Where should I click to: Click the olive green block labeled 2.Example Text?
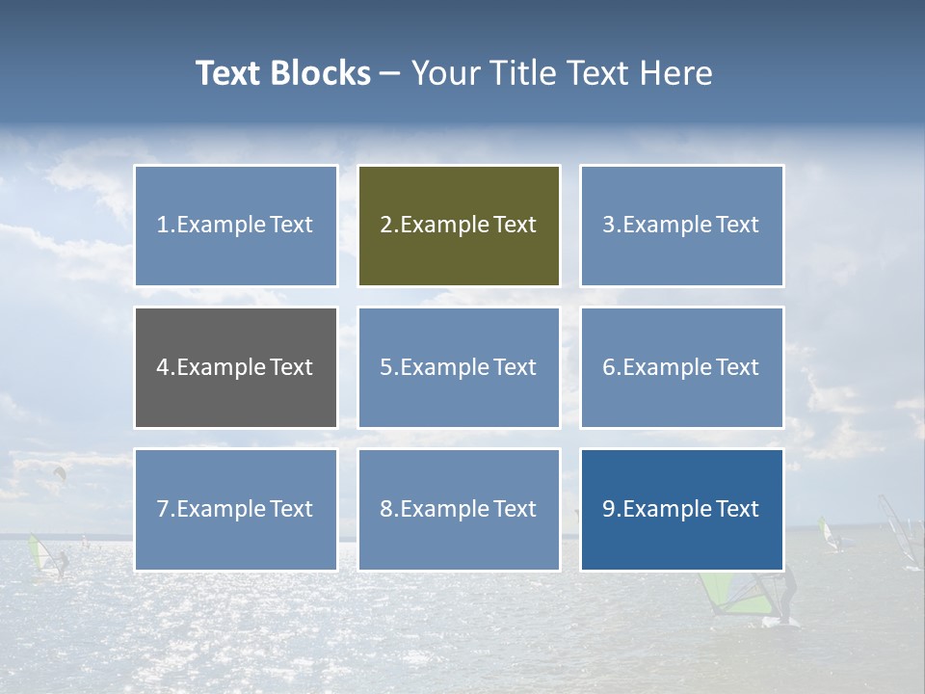459,226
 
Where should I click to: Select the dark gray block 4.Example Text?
236,367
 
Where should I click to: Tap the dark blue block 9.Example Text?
681,509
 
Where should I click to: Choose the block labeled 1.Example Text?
236,226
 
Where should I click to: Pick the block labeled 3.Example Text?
681,226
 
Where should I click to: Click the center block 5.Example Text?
459,367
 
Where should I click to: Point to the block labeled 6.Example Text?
681,367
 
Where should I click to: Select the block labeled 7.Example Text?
236,509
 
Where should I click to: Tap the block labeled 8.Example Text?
459,509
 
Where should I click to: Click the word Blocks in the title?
321,73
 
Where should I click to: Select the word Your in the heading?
443,73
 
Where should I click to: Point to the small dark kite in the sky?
60,472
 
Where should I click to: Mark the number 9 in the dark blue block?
608,509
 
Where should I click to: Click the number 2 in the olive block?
385,226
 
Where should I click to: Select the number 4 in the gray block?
163,367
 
